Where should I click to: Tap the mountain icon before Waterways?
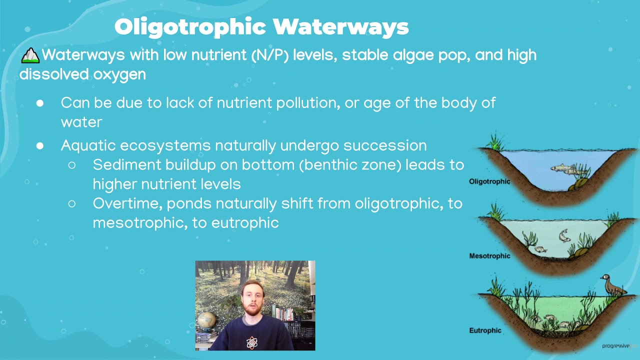pyautogui.click(x=30, y=55)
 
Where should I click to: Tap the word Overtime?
pyautogui.click(x=127, y=204)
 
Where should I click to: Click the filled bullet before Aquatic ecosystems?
pyautogui.click(x=40, y=145)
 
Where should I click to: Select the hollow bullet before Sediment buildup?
pyautogui.click(x=72, y=164)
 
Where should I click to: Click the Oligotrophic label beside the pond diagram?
pyautogui.click(x=489, y=181)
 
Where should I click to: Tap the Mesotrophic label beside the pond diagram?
pyautogui.click(x=489, y=256)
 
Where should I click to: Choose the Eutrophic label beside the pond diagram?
pyautogui.click(x=485, y=330)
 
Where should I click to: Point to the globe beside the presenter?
pyautogui.click(x=207, y=320)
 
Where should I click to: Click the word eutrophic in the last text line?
pyautogui.click(x=245, y=223)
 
